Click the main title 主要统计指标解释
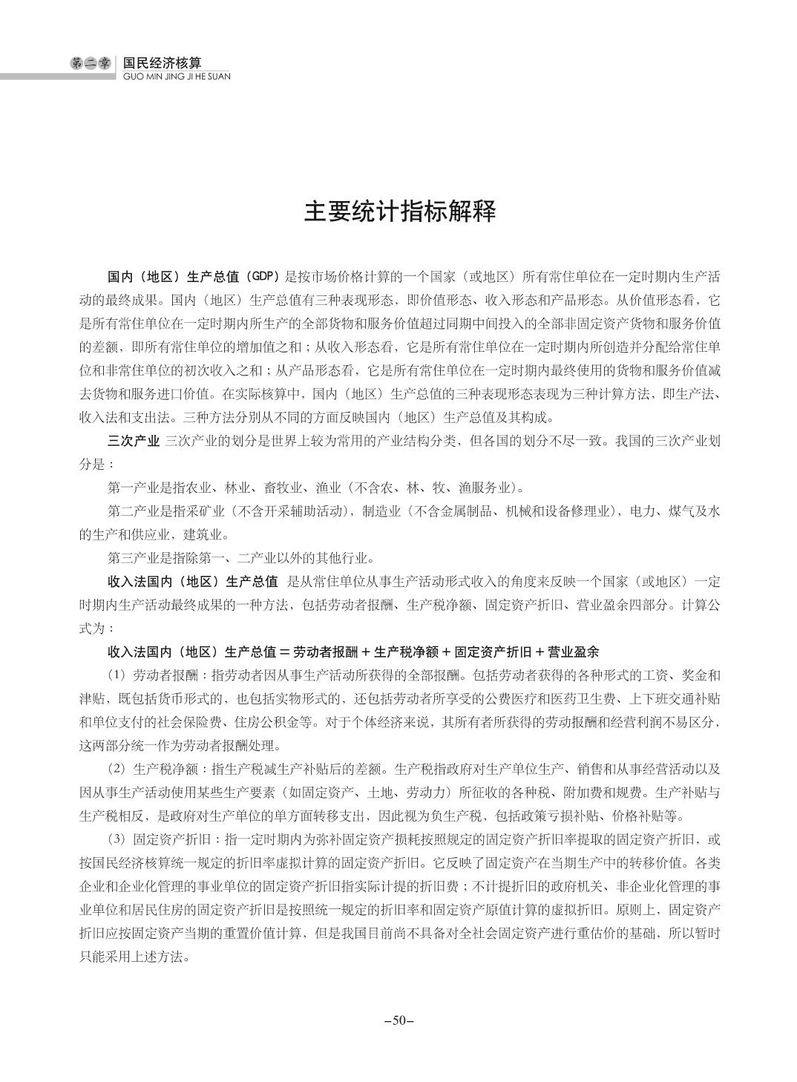(x=398, y=212)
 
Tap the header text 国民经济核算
(x=162, y=64)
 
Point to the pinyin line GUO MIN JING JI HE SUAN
(x=175, y=76)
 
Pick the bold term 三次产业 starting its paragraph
(x=134, y=442)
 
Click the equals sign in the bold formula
(x=283, y=652)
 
